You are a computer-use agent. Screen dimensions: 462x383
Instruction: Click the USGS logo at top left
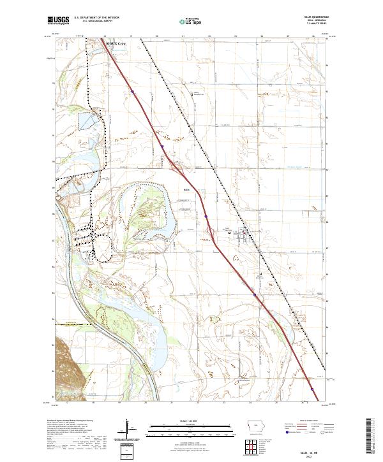58,21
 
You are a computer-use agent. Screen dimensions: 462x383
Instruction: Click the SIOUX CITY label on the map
116,45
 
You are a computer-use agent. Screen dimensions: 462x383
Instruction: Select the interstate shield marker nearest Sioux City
133,92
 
